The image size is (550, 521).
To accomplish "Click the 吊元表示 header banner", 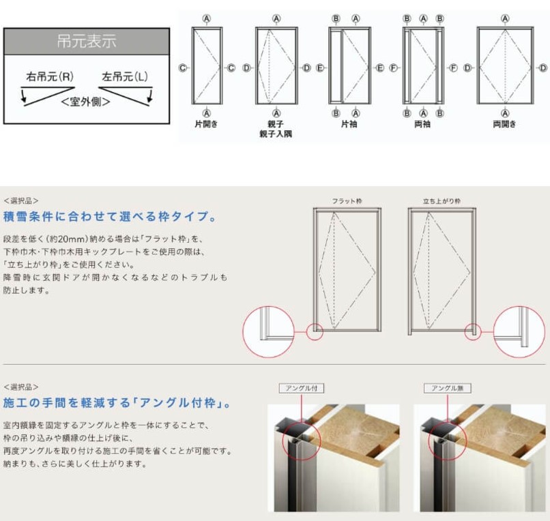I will pos(87,41).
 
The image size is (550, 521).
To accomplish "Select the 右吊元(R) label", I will pos(50,76).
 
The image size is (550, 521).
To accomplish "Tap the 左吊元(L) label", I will pos(124,76).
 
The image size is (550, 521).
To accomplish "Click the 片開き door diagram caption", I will pos(206,125).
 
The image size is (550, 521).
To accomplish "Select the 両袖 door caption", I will pos(423,125).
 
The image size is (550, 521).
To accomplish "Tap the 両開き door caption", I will pos(504,125).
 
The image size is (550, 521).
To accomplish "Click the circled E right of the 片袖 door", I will pos(380,68).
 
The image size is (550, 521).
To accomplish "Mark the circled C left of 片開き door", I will pos(182,68).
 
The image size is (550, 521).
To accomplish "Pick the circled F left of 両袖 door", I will pos(393,68).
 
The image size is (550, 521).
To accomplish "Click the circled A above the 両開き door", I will pos(505,18).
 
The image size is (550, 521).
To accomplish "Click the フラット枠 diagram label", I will pos(347,201).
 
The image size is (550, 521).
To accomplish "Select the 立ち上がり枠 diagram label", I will pos(442,201).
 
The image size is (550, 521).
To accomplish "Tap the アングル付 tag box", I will pos(301,388).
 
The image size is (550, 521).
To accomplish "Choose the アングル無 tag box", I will pos(447,388).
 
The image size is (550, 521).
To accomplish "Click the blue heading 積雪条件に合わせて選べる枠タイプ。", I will pos(111,218).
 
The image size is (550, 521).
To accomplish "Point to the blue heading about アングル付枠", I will pos(117,403).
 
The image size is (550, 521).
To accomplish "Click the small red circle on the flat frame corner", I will pos(314,331).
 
